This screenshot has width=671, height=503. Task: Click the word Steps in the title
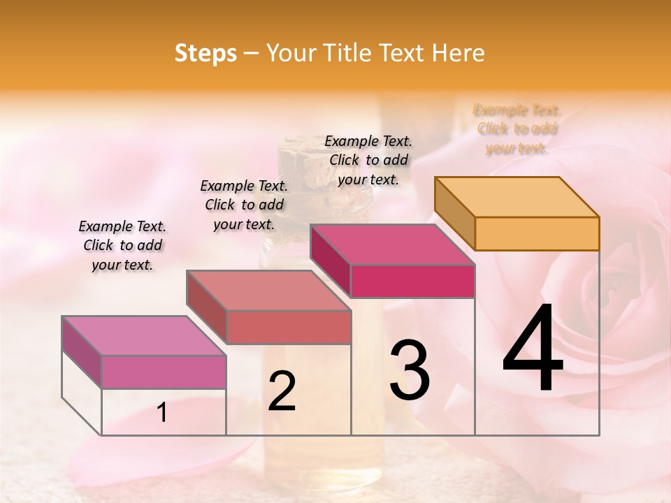[205, 53]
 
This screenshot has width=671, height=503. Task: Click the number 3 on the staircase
[410, 370]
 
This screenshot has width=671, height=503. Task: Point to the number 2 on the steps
[282, 391]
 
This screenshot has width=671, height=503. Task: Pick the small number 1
[162, 413]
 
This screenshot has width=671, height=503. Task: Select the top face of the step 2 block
[268, 290]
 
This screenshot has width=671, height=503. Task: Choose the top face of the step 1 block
[144, 335]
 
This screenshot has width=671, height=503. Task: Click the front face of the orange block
[537, 233]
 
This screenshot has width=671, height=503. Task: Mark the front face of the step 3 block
[412, 281]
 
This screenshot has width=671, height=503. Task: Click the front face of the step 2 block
[288, 327]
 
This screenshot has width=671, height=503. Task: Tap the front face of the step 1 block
[164, 372]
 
